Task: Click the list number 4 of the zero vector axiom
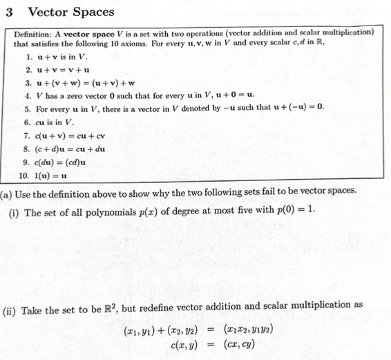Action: [26, 96]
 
